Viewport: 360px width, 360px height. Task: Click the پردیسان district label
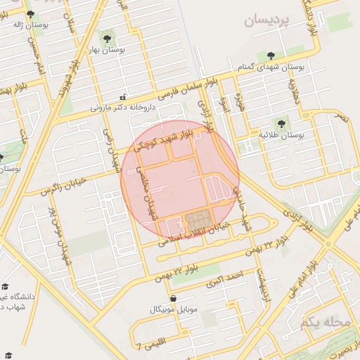click(267, 20)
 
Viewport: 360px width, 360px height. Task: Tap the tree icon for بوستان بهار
click(107, 38)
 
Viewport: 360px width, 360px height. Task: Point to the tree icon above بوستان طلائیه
click(285, 122)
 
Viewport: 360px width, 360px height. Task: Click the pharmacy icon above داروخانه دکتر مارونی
click(123, 97)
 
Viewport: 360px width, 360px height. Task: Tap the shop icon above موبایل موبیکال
click(173, 298)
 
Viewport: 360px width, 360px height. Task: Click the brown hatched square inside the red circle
click(198, 222)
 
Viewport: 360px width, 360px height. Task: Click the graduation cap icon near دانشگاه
click(5, 287)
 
